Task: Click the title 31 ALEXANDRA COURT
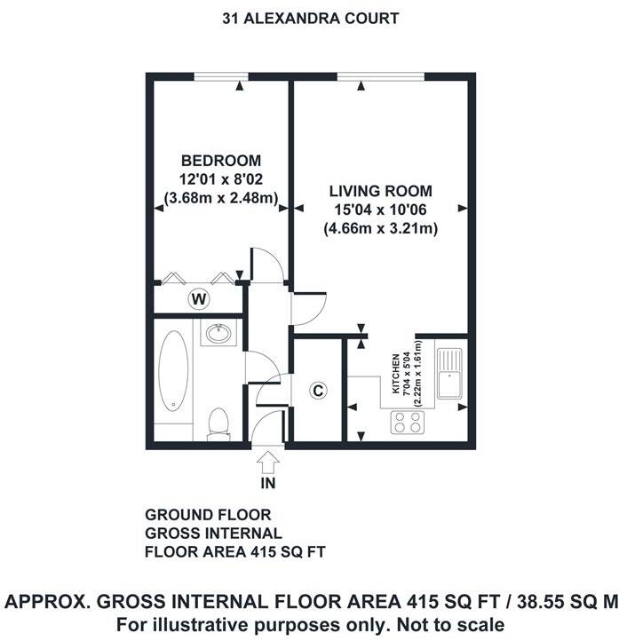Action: (x=310, y=18)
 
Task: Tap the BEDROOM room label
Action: (x=221, y=161)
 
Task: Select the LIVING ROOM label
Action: (x=381, y=191)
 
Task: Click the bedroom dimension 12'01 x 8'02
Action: (x=221, y=179)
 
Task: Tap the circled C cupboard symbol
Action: (x=317, y=390)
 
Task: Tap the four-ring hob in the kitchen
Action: (x=408, y=423)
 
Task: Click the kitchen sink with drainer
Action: (x=450, y=370)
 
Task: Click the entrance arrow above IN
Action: (x=268, y=463)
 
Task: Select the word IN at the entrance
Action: (x=268, y=485)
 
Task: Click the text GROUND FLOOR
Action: (x=208, y=515)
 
